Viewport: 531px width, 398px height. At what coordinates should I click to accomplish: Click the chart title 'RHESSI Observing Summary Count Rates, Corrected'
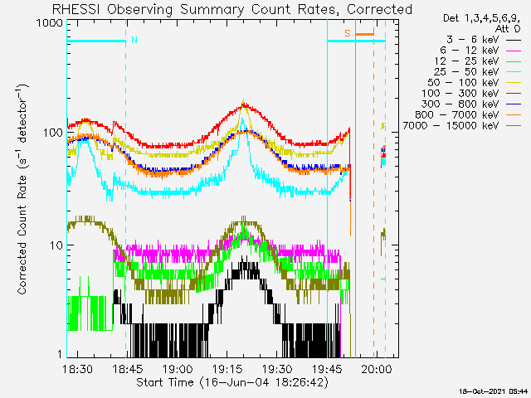[x=232, y=9]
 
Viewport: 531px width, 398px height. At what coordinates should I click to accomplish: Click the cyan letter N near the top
[x=134, y=40]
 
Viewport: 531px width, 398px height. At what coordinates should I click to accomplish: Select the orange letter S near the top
[x=348, y=33]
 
